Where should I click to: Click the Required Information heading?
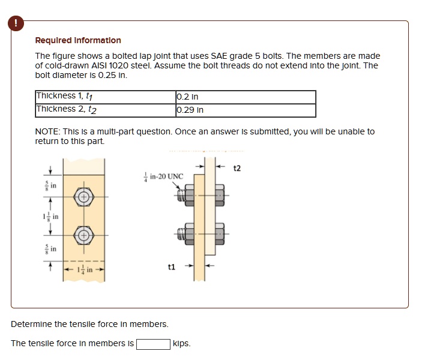(x=78, y=40)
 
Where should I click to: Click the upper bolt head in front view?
(x=84, y=197)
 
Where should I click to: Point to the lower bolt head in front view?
(x=84, y=235)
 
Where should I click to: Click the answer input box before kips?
(x=152, y=344)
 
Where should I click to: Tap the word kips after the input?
(x=181, y=344)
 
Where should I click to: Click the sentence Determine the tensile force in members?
(x=89, y=324)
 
